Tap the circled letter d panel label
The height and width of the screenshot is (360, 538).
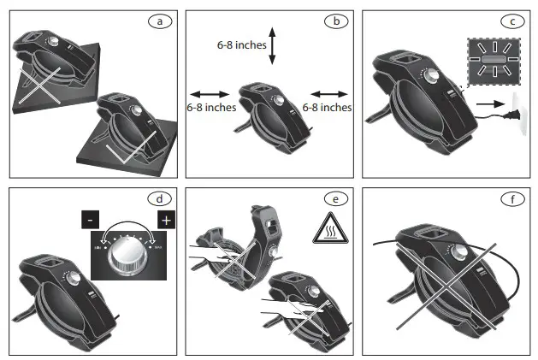tap(157, 198)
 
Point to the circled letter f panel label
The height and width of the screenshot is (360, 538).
tap(511, 198)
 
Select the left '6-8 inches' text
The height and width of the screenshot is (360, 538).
tap(211, 108)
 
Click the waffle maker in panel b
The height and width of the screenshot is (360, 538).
tap(270, 116)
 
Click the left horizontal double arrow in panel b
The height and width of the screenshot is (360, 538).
tap(206, 93)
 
